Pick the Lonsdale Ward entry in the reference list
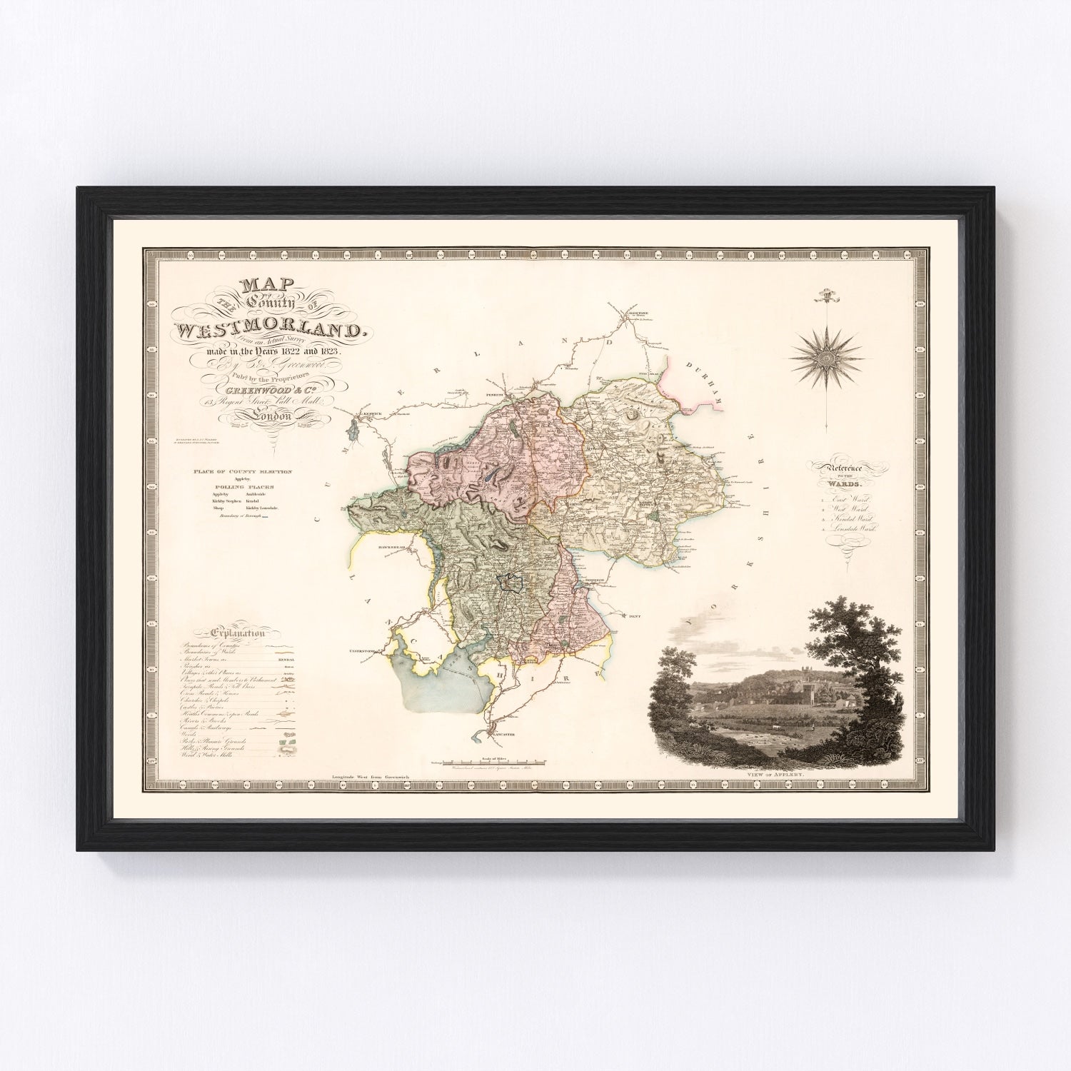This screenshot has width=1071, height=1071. click(853, 529)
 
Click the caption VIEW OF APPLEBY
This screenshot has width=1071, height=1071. click(785, 772)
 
